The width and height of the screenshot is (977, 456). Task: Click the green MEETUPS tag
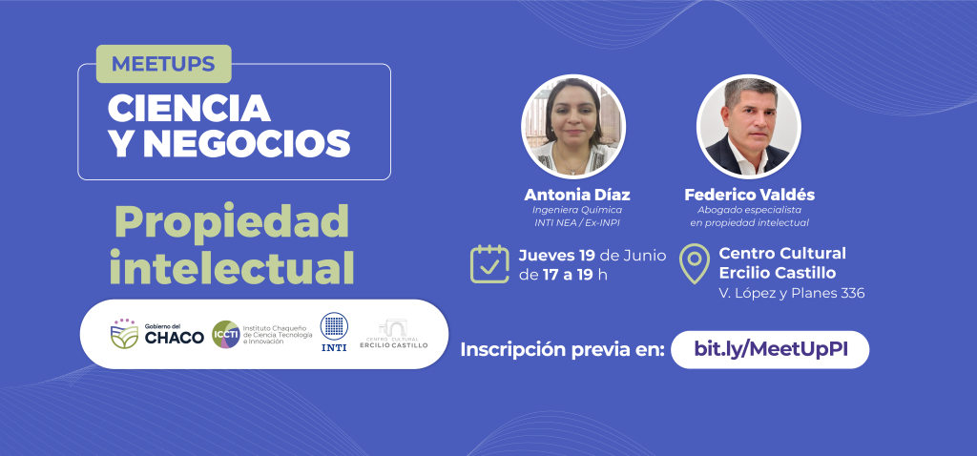click(x=164, y=64)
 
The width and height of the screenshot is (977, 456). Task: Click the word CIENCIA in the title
click(x=190, y=109)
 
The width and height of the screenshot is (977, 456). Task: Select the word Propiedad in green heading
click(x=231, y=221)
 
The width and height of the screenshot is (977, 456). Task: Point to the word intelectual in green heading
click(x=232, y=266)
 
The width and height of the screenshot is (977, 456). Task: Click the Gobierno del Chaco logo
click(x=157, y=334)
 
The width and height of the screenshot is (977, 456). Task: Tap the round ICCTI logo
click(x=225, y=335)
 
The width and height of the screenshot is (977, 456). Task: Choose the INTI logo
click(x=334, y=332)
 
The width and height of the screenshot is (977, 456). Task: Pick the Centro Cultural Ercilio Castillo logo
click(x=394, y=334)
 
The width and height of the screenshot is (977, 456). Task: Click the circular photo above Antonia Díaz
click(x=573, y=127)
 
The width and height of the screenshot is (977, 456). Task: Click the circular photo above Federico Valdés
click(x=749, y=127)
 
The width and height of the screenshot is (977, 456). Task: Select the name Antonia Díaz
click(x=577, y=195)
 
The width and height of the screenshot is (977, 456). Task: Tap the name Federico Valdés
click(x=750, y=195)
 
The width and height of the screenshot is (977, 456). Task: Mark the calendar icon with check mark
click(x=489, y=264)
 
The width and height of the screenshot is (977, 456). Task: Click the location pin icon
click(x=695, y=264)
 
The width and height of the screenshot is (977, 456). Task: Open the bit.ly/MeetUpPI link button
click(x=770, y=349)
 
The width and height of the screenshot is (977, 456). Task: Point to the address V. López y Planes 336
click(x=792, y=294)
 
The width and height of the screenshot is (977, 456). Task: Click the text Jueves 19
click(x=557, y=256)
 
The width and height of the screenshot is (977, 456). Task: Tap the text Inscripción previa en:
click(x=562, y=350)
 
